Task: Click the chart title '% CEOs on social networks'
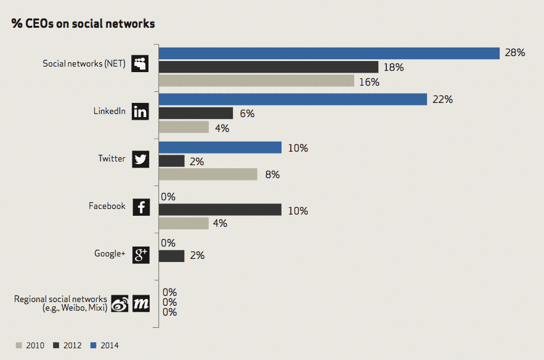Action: coord(83,24)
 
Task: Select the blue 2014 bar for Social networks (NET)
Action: coord(329,54)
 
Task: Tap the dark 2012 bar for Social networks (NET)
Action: coord(269,67)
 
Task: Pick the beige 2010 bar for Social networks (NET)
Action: coord(257,81)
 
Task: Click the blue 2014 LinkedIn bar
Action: coord(293,99)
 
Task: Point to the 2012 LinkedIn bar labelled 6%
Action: coord(196,113)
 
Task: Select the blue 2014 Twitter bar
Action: coord(221,148)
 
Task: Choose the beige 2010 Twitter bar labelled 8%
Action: coord(208,174)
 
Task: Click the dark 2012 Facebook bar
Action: coord(221,210)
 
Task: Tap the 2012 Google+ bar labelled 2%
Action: coord(172,255)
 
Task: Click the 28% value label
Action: coord(514,53)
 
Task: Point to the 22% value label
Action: coord(442,99)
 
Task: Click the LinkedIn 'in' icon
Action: coord(140,112)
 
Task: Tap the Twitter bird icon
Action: coord(140,159)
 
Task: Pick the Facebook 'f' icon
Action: coord(140,207)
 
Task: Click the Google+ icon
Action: coord(140,255)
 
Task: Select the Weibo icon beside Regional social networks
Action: coord(120,303)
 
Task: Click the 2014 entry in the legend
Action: coord(105,345)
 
